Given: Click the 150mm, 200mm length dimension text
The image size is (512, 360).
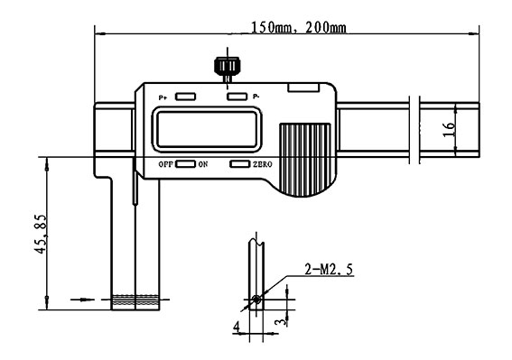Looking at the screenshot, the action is (299, 27).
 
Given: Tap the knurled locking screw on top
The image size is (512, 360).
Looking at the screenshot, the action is (227, 66).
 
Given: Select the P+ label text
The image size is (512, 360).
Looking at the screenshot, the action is (163, 97).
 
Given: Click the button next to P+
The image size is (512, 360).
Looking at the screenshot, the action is (185, 97).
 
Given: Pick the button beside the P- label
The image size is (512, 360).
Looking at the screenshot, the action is (237, 97).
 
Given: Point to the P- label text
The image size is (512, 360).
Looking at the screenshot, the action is (256, 97).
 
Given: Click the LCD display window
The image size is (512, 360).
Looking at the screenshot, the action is (207, 130).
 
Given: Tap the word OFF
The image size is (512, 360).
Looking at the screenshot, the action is (165, 164).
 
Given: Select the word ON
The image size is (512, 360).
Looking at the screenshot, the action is (203, 164).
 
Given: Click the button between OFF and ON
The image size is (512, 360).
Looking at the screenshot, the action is (185, 164).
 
